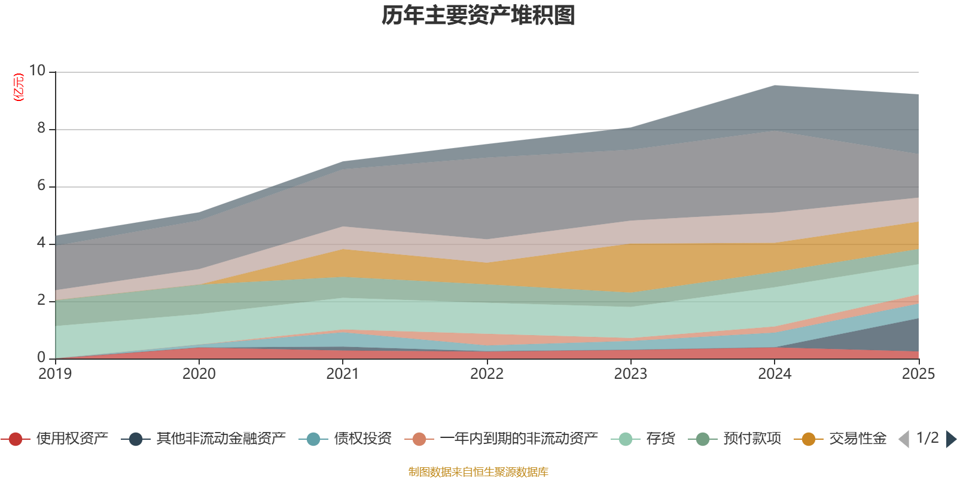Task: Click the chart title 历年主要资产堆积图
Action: point(478,16)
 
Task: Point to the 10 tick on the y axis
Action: point(38,71)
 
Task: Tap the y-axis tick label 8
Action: point(41,128)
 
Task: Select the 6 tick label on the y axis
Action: point(41,186)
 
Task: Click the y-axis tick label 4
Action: point(41,243)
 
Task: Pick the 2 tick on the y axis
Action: point(41,301)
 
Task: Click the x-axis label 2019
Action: point(55,374)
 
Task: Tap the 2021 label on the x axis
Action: point(343,374)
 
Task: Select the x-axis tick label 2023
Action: point(630,374)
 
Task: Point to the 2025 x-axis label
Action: point(918,374)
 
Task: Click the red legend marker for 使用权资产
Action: point(16,439)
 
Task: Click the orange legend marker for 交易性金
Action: point(809,439)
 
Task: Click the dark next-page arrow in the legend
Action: point(950,439)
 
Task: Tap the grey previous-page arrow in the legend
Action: point(904,439)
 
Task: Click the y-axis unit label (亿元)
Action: point(19,87)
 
